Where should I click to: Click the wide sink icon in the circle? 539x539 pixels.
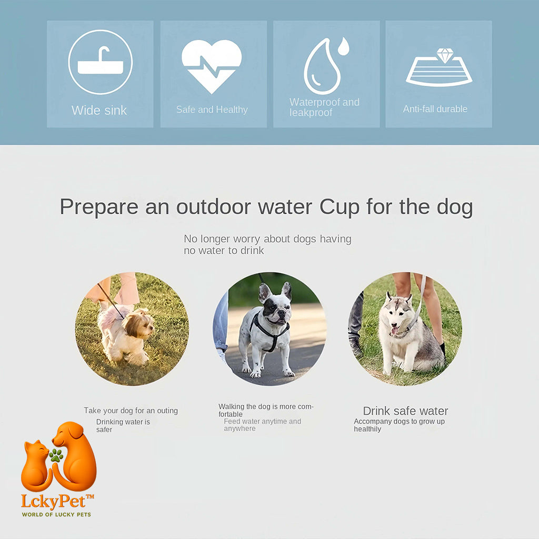click(101, 62)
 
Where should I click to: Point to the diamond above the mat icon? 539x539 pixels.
click(445, 55)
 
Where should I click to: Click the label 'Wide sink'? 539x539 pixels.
click(99, 111)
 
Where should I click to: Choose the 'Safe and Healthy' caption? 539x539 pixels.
click(212, 109)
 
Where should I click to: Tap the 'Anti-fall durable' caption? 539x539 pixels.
click(435, 109)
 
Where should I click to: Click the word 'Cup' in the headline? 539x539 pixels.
click(340, 207)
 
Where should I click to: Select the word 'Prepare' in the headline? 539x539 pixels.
click(99, 207)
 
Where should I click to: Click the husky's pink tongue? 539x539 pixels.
click(394, 331)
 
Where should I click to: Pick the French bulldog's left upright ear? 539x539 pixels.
click(265, 293)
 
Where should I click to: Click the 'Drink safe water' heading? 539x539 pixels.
click(406, 411)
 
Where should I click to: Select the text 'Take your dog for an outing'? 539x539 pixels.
click(131, 411)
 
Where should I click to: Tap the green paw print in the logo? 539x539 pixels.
click(56, 455)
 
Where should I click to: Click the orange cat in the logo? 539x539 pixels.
click(35, 465)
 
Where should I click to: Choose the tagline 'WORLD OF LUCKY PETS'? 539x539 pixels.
click(57, 515)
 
